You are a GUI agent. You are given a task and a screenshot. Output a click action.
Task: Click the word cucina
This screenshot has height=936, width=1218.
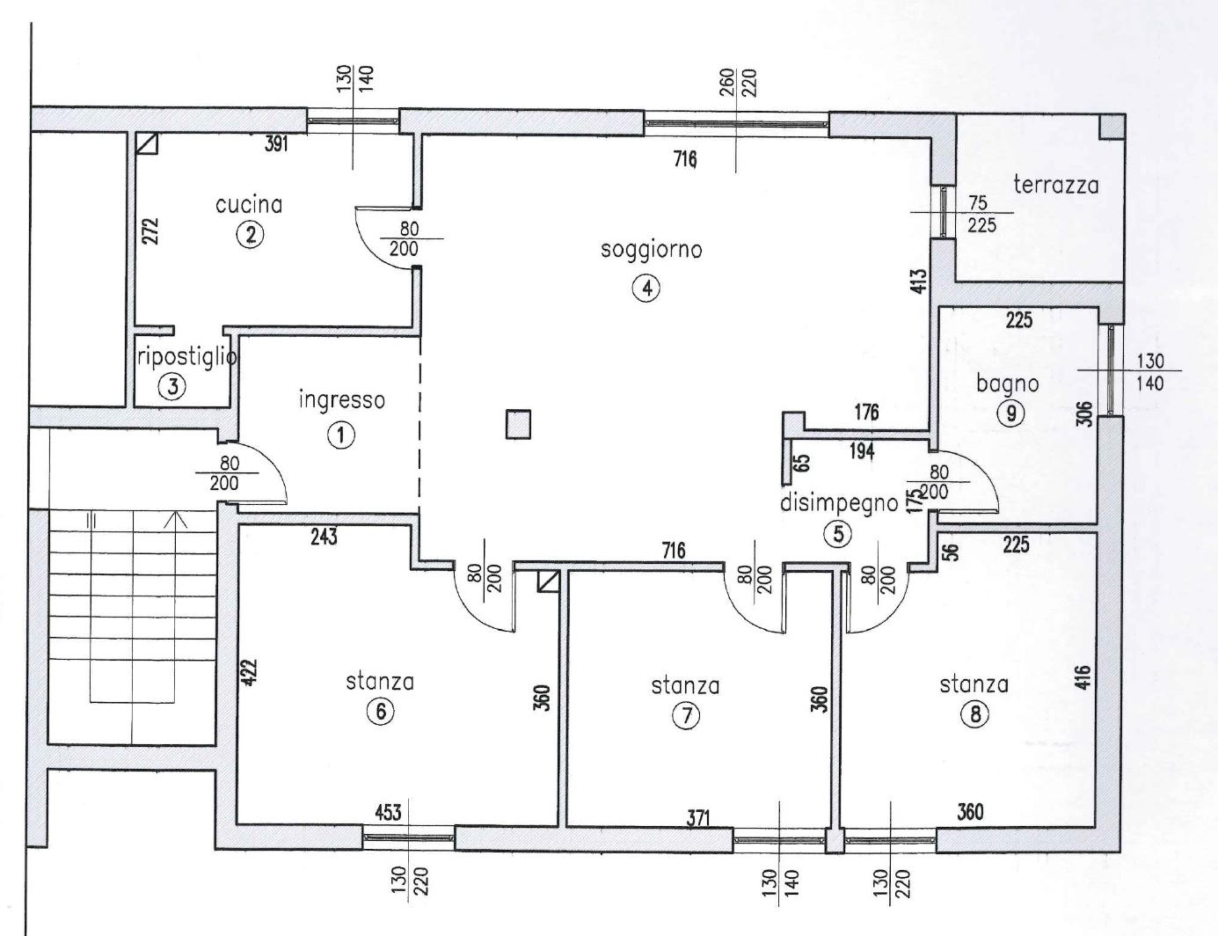pos(249,205)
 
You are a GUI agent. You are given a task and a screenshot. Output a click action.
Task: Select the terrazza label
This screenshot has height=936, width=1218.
pos(1056,185)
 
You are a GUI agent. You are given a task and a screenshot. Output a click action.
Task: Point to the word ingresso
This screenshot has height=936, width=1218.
pos(342,401)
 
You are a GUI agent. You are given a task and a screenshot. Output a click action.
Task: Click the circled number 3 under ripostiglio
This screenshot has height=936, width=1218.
pos(172,386)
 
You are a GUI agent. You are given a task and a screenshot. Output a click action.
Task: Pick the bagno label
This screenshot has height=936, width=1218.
pos(1007,384)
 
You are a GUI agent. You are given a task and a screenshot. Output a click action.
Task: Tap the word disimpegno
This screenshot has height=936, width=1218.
pos(839,503)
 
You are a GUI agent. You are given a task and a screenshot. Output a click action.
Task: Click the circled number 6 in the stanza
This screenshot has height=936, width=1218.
pos(381,712)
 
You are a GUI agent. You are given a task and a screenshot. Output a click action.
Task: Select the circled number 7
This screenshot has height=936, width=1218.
pos(685,715)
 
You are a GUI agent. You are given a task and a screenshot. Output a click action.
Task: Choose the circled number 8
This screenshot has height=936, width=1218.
pos(974,714)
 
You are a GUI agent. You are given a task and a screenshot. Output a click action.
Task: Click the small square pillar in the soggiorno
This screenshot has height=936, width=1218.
pos(518,424)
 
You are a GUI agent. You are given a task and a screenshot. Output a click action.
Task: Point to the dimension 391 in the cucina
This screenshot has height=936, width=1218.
pos(276,144)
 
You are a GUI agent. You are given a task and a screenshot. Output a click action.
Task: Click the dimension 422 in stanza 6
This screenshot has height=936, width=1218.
pos(250,671)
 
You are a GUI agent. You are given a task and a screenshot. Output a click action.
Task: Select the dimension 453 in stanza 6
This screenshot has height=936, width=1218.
pos(389,812)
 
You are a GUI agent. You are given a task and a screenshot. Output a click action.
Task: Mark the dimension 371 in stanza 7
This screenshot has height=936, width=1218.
pos(698,819)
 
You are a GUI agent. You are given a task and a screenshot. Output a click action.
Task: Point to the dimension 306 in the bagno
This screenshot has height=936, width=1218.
pos(1086,414)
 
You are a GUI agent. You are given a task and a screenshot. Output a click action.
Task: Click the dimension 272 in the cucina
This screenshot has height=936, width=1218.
pos(150,230)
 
